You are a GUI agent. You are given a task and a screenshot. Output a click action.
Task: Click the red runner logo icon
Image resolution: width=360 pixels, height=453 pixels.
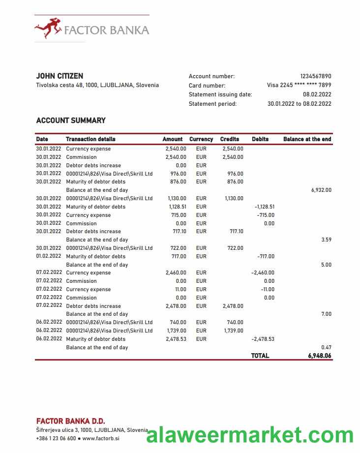pos(48,28)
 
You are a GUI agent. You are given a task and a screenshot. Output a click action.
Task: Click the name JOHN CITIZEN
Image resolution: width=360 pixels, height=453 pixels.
pos(60,76)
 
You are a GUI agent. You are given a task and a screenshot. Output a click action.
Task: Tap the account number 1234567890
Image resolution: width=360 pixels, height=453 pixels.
pos(315,76)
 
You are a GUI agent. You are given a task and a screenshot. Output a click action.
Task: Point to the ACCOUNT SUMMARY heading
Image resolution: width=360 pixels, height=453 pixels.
pos(71,121)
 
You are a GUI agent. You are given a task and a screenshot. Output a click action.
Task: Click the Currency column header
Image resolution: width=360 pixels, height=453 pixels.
pos(201,139)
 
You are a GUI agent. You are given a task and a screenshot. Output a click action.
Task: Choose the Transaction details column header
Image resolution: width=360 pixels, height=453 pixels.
pos(90,139)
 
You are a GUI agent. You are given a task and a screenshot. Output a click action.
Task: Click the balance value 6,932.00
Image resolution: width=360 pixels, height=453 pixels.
pos(321,190)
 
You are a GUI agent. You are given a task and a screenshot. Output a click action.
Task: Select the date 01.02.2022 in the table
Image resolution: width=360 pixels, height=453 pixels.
pos(49,256)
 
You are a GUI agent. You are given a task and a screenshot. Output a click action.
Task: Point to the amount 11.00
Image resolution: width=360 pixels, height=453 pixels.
pos(180,289)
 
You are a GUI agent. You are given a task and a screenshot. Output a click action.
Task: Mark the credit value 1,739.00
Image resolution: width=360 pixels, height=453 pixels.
pos(233,331)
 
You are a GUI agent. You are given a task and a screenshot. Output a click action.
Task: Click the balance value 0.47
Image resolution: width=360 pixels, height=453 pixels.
pos(326,347)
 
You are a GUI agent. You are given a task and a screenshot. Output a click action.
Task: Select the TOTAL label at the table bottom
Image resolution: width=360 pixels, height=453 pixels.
pos(260,356)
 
